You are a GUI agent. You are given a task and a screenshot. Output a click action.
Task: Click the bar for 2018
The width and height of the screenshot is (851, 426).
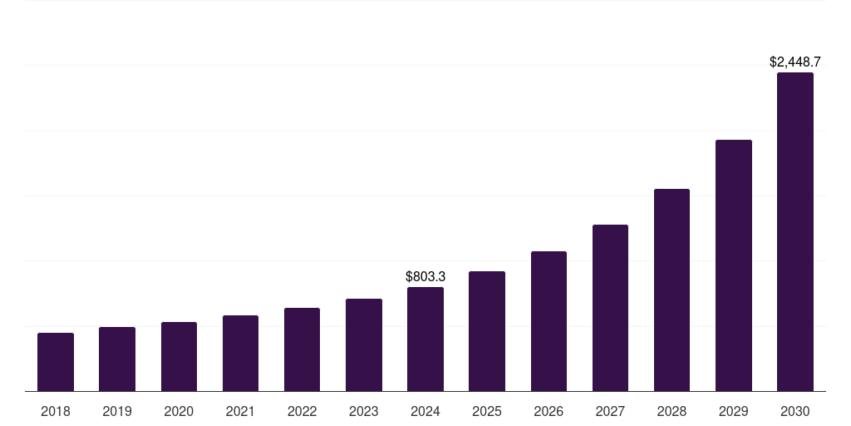[x=56, y=362]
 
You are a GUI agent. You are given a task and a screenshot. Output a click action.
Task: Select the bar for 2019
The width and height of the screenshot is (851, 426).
[x=117, y=359]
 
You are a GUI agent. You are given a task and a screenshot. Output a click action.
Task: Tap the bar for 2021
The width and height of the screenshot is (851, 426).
[x=240, y=354]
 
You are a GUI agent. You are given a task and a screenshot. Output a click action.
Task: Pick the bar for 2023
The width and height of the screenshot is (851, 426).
[x=364, y=345]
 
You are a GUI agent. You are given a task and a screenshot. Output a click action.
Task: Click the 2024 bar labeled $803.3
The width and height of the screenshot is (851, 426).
[x=425, y=339]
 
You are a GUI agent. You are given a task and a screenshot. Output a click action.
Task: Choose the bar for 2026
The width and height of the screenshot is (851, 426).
[x=548, y=321]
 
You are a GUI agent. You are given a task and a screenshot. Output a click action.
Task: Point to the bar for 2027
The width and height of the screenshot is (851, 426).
[x=610, y=308]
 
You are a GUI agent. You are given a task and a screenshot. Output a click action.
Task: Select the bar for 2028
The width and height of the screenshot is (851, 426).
[x=671, y=290]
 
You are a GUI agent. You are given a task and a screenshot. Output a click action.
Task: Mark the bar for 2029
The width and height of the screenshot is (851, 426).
[x=734, y=265]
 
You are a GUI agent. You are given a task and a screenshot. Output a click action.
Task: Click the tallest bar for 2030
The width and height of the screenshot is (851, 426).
[x=795, y=232]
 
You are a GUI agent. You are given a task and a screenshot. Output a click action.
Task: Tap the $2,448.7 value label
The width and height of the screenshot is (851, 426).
[x=795, y=62]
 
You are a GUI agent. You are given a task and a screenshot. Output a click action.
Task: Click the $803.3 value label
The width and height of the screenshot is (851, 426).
[x=425, y=276]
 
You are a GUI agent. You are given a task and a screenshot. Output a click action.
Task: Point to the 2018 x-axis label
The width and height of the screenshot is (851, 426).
[x=56, y=411]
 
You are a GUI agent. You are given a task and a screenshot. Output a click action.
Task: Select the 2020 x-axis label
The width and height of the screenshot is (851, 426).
[x=179, y=411]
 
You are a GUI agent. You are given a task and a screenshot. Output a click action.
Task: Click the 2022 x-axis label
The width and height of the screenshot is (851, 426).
[x=303, y=411]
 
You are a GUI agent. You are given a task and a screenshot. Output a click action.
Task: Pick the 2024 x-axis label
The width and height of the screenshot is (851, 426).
[x=425, y=411]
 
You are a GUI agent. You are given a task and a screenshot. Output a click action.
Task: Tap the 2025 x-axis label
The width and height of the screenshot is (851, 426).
[x=487, y=411]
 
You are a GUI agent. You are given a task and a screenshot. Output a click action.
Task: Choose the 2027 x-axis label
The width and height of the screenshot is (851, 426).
[x=610, y=411]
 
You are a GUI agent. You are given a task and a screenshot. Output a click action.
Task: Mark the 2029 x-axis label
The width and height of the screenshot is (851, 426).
[x=734, y=411]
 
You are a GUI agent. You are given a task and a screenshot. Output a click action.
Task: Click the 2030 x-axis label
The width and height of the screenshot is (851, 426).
[x=795, y=411]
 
